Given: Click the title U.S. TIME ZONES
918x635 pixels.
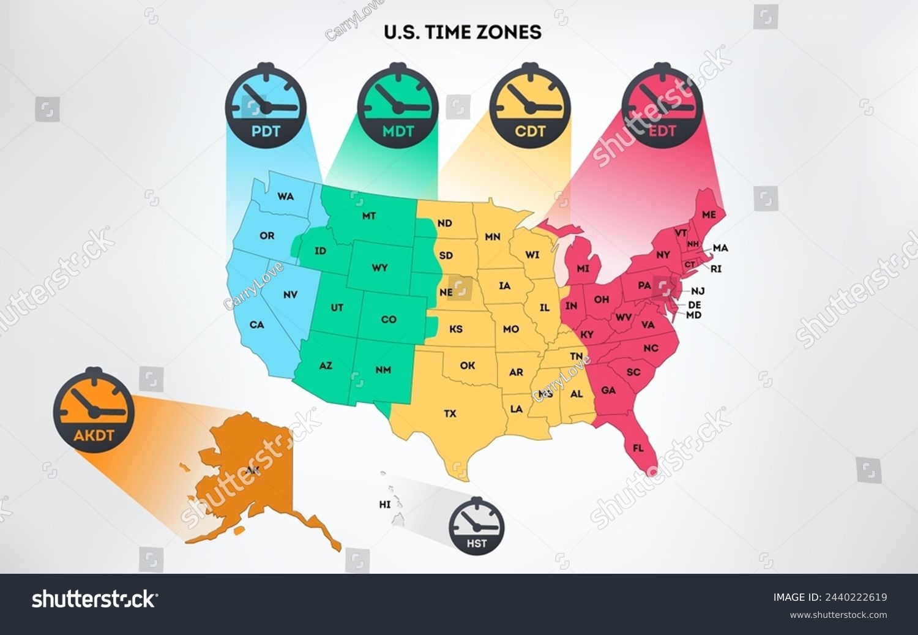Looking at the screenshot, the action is click(x=463, y=32).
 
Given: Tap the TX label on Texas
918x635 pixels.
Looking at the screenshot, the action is click(x=450, y=414).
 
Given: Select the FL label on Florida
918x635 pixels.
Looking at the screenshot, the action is click(x=638, y=448).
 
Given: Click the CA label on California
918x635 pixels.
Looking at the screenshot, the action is click(x=256, y=325).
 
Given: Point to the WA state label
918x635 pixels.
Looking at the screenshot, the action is click(x=285, y=197).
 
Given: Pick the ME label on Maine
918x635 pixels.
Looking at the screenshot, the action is click(x=709, y=215).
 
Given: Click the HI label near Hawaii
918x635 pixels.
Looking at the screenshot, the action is click(x=384, y=505).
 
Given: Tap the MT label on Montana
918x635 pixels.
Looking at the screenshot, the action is click(x=368, y=216).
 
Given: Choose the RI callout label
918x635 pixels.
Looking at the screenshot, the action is click(x=716, y=269).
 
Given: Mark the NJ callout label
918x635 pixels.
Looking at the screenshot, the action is click(x=698, y=292).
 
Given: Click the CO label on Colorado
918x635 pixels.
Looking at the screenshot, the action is click(x=389, y=320).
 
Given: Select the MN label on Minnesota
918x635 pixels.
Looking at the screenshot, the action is click(x=492, y=237).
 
